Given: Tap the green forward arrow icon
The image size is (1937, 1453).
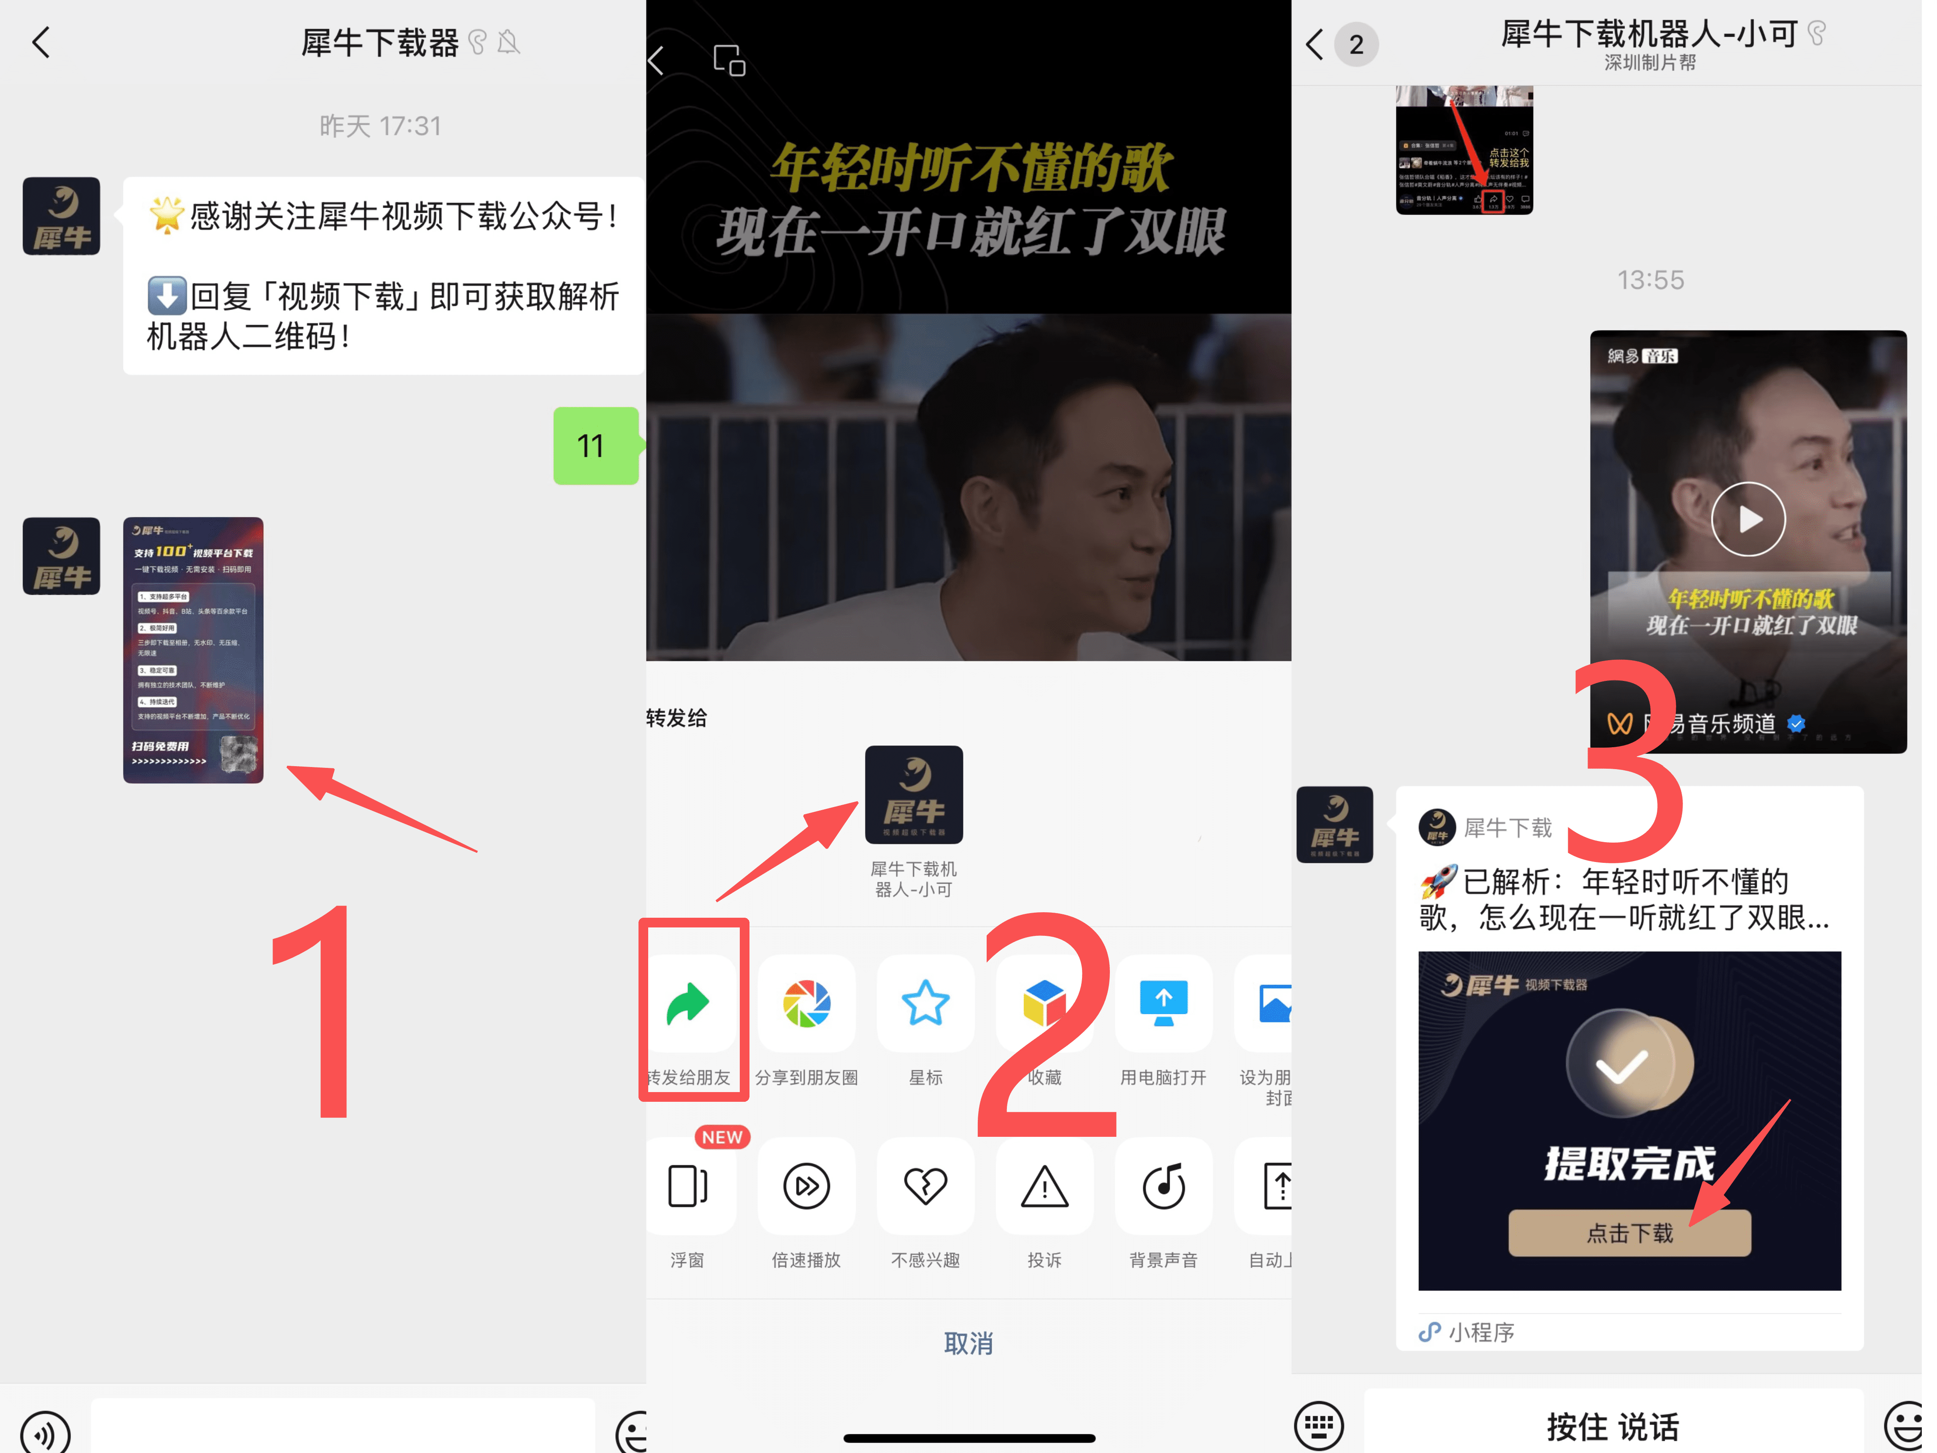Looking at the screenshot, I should point(688,1004).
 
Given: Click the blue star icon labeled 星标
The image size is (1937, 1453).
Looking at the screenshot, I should point(925,1004).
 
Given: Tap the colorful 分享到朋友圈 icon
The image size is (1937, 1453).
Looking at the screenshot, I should point(806,1004).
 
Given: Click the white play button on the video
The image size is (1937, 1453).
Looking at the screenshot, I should point(1749,519).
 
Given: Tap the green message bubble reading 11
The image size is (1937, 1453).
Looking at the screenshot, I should point(595,446).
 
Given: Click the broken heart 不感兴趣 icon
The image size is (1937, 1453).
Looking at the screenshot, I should point(925,1187).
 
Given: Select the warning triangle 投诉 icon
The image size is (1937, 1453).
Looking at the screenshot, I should point(1045,1187).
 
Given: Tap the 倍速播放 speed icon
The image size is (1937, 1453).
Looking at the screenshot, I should point(806,1187).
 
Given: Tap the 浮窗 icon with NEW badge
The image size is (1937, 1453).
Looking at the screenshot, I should point(688,1187).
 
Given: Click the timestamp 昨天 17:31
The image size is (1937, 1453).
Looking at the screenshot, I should point(380,126).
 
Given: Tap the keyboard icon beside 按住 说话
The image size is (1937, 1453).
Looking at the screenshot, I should point(1319,1426).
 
